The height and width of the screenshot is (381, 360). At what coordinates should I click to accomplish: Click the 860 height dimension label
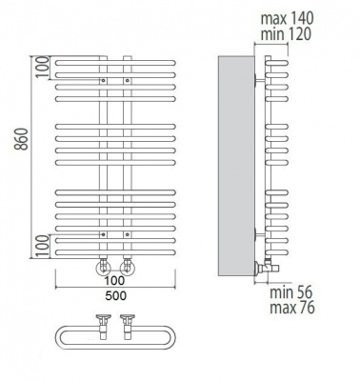point(22,139)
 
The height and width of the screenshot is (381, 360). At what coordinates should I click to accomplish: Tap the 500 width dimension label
point(116,295)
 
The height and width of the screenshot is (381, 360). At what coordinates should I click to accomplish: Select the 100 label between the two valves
point(115,280)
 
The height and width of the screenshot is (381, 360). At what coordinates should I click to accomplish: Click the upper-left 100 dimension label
point(42,67)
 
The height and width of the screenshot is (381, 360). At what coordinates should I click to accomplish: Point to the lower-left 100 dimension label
point(42,247)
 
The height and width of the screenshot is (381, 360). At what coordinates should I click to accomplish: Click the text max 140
point(287,18)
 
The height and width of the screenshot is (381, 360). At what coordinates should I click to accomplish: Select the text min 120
point(286,34)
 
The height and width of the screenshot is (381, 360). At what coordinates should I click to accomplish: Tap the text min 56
point(291,292)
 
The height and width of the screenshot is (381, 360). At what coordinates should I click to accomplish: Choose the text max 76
point(292,308)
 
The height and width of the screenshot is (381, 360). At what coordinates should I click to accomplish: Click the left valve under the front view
point(103,268)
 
